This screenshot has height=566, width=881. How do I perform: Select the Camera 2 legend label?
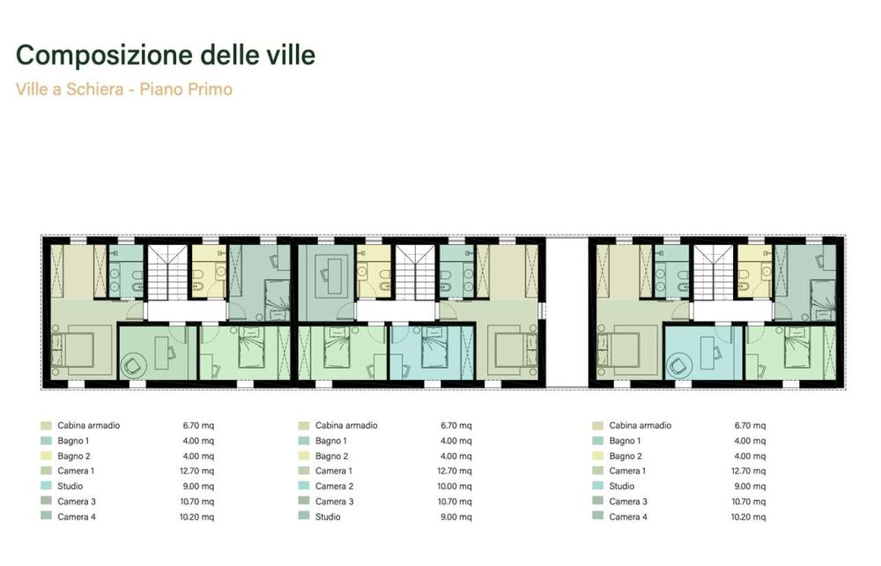coord(334,486)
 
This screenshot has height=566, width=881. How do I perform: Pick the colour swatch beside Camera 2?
coord(304,486)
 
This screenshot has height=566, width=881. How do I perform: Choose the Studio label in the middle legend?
coord(328,516)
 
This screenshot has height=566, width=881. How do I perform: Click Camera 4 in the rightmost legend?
coord(627,516)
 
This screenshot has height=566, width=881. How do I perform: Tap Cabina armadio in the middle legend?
coord(346,425)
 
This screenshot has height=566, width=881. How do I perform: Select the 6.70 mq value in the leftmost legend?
coord(197,425)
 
